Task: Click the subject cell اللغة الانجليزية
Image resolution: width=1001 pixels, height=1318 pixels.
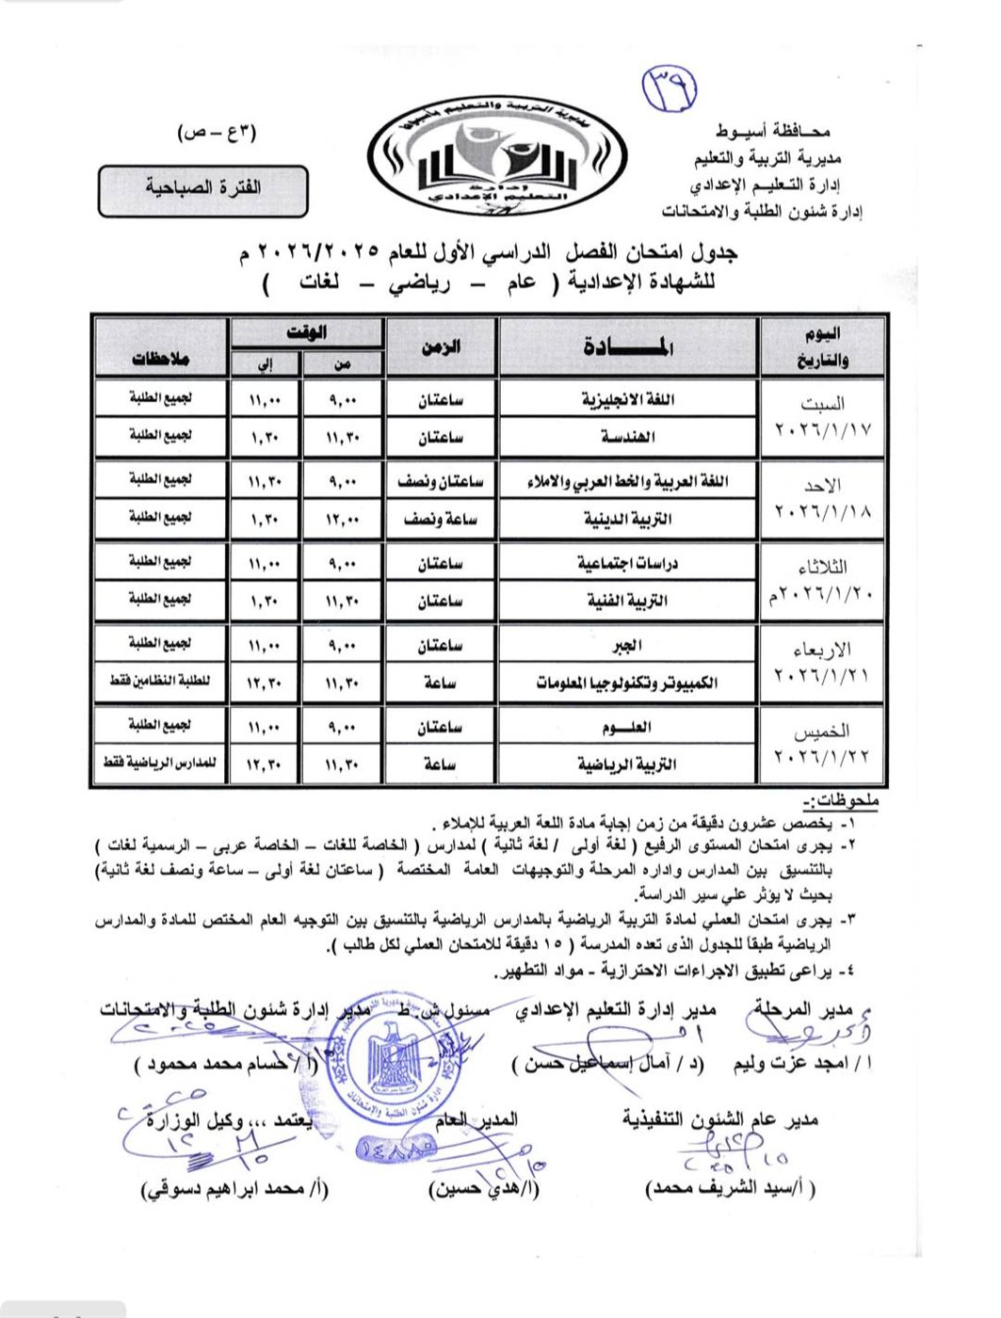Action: (628, 399)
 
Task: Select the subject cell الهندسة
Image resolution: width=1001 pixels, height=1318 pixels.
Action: (628, 437)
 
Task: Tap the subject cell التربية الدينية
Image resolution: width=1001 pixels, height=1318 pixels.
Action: (628, 519)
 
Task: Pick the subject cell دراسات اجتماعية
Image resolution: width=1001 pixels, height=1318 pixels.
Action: (628, 563)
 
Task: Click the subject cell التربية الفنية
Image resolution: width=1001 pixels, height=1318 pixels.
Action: (628, 601)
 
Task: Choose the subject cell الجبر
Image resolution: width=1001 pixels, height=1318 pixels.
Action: (628, 645)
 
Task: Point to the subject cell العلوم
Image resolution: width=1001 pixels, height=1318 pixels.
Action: (628, 727)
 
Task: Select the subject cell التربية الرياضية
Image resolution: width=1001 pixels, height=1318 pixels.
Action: (628, 764)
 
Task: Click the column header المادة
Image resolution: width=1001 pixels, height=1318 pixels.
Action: (628, 347)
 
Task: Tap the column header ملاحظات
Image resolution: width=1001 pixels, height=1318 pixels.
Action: (161, 359)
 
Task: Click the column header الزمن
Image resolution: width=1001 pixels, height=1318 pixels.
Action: (441, 347)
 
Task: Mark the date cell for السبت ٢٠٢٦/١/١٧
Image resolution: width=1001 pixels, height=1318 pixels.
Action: (822, 417)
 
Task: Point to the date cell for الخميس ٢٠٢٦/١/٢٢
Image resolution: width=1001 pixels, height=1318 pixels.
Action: (822, 745)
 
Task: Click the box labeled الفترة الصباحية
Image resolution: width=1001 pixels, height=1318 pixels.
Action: (203, 188)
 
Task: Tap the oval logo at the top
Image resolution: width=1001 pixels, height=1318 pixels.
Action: (497, 155)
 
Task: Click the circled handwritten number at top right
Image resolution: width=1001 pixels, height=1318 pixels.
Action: (670, 88)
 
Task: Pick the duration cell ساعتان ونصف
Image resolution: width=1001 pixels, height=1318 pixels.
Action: (441, 481)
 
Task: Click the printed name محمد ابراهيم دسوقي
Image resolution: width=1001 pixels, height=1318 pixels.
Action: (235, 1189)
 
